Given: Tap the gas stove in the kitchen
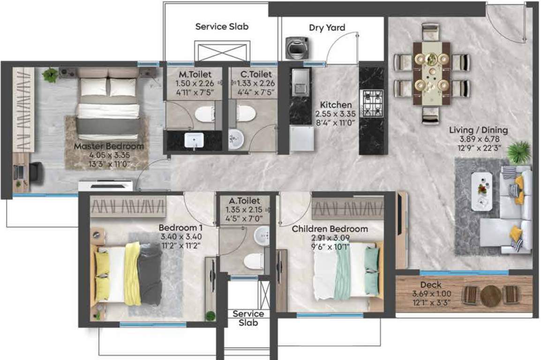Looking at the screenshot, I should [x=372, y=103].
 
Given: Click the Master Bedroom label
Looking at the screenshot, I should [x=109, y=147].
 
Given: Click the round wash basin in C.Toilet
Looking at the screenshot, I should [x=235, y=138].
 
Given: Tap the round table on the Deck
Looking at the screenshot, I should [x=490, y=296].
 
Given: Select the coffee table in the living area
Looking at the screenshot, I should [x=481, y=190].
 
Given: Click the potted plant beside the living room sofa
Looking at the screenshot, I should [x=518, y=152].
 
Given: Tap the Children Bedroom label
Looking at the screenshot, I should [x=330, y=229].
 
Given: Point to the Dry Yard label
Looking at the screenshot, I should [x=327, y=28].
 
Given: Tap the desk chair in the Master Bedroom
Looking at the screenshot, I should [x=36, y=172].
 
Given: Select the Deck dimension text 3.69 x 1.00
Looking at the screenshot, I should [x=430, y=294].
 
